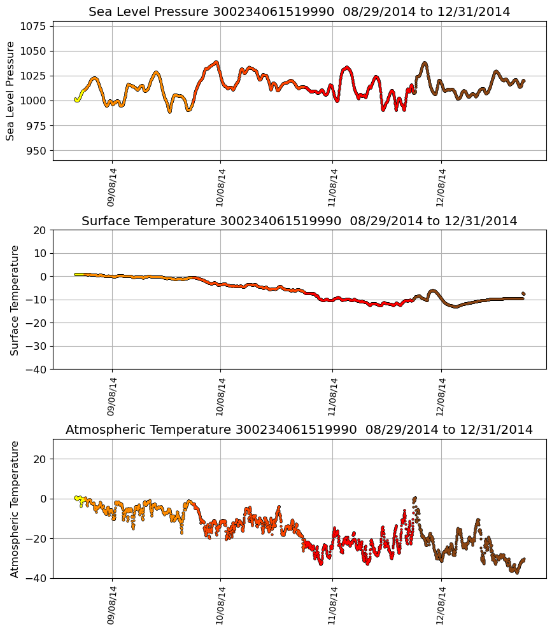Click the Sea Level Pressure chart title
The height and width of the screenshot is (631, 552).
pyautogui.click(x=299, y=12)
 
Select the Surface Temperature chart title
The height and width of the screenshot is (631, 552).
pyautogui.click(x=299, y=221)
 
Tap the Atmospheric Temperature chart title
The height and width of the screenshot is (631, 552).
pyautogui.click(x=299, y=430)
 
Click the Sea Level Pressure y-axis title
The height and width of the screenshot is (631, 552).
pyautogui.click(x=10, y=91)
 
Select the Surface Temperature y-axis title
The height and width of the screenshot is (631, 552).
pyautogui.click(x=15, y=300)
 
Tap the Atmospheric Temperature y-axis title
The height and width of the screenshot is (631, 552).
pyautogui.click(x=15, y=509)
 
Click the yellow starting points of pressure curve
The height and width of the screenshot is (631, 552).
pyautogui.click(x=78, y=99)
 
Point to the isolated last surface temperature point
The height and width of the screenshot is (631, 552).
pyautogui.click(x=523, y=293)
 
